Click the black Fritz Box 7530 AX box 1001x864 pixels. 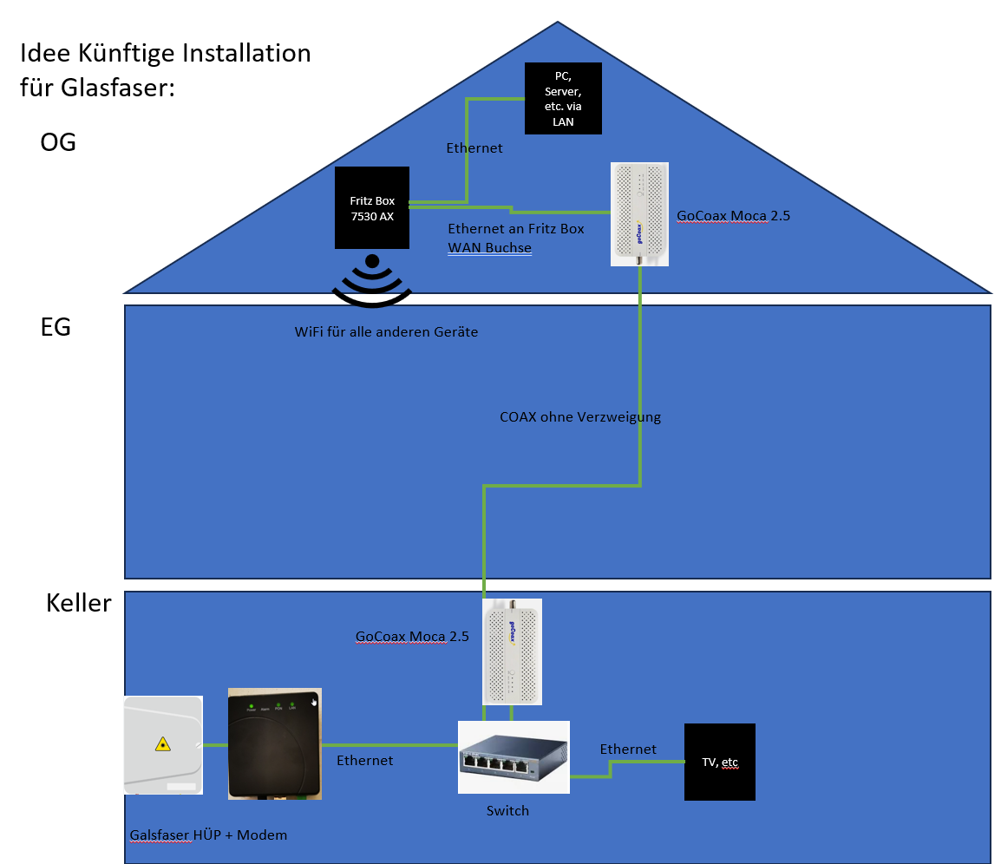371,208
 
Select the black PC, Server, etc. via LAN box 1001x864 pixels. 563,98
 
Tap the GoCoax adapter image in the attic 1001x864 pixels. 639,214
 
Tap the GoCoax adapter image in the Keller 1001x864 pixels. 512,651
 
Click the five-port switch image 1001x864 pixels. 514,756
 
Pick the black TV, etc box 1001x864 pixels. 719,762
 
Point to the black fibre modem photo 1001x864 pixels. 274,743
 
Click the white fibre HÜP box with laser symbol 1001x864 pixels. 163,744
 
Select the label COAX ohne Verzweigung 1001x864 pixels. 580,417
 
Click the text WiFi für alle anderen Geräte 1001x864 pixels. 386,332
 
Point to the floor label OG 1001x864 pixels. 58,142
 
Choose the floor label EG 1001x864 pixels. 56,328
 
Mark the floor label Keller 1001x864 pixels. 78,603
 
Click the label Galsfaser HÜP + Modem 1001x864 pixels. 208,835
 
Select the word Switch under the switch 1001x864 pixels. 507,811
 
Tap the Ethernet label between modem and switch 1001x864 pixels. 364,761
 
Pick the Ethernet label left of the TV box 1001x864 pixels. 628,749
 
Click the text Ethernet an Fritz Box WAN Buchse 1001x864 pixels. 515,239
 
